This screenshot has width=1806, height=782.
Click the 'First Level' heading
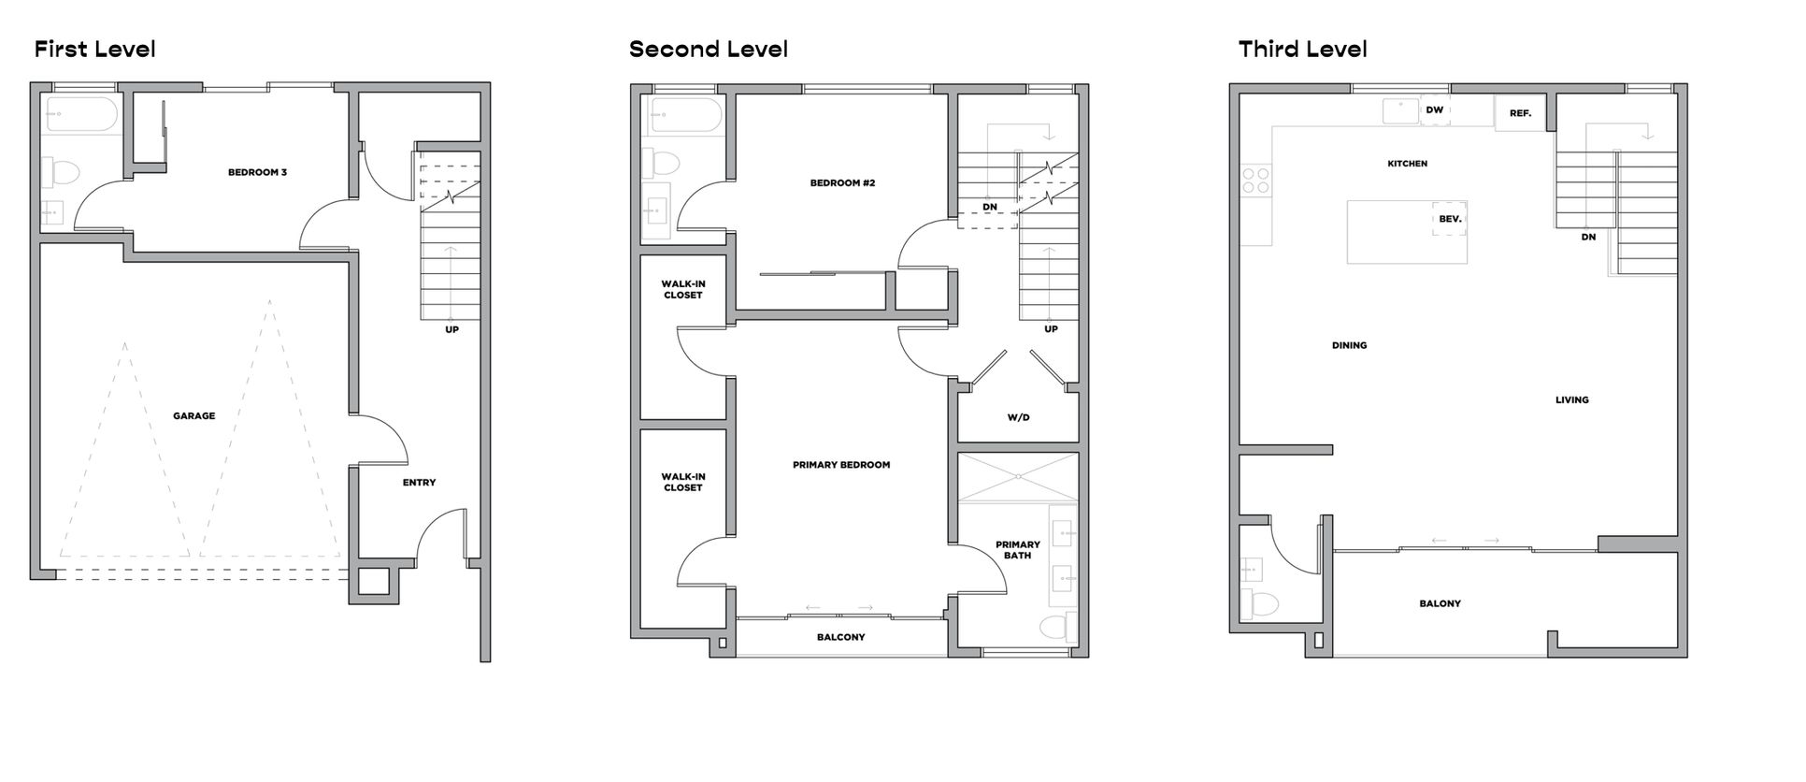click(94, 50)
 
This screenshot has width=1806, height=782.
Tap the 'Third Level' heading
click(1302, 50)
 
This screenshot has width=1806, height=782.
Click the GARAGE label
click(193, 416)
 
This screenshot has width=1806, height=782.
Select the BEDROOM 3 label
click(257, 172)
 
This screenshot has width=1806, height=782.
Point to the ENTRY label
click(419, 483)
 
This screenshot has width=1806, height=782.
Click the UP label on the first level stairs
click(451, 329)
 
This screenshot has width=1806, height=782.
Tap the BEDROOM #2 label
click(842, 183)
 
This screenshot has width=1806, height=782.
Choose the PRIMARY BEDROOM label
click(841, 465)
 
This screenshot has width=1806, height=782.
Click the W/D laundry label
click(1018, 417)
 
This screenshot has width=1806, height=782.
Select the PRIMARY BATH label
click(1018, 550)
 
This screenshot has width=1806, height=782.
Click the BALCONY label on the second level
click(840, 637)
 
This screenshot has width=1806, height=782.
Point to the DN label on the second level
click(990, 208)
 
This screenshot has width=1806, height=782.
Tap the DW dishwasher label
click(1434, 110)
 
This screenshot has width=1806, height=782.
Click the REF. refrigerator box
click(1520, 113)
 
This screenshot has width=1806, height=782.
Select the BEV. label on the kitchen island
click(1450, 219)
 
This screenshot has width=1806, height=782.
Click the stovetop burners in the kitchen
click(1255, 180)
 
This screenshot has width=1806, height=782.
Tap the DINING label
click(1349, 346)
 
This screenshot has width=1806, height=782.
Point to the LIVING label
click(1571, 400)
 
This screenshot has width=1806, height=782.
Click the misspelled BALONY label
click(1440, 604)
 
